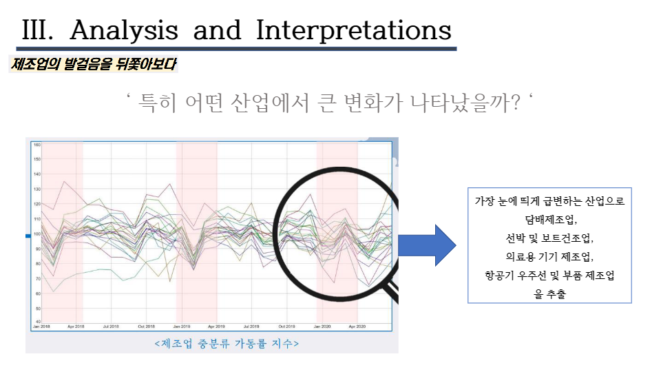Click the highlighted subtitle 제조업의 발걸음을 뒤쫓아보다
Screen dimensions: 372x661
tap(94, 65)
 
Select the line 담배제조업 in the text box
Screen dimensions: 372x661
tap(549, 220)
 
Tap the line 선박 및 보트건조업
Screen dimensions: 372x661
tap(549, 239)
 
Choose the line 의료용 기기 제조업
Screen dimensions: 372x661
tap(549, 257)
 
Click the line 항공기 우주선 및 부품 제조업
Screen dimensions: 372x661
tap(549, 276)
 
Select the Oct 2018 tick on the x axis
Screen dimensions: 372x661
tap(146, 326)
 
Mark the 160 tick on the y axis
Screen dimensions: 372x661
tap(36, 145)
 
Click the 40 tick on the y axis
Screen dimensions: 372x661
tap(36, 321)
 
